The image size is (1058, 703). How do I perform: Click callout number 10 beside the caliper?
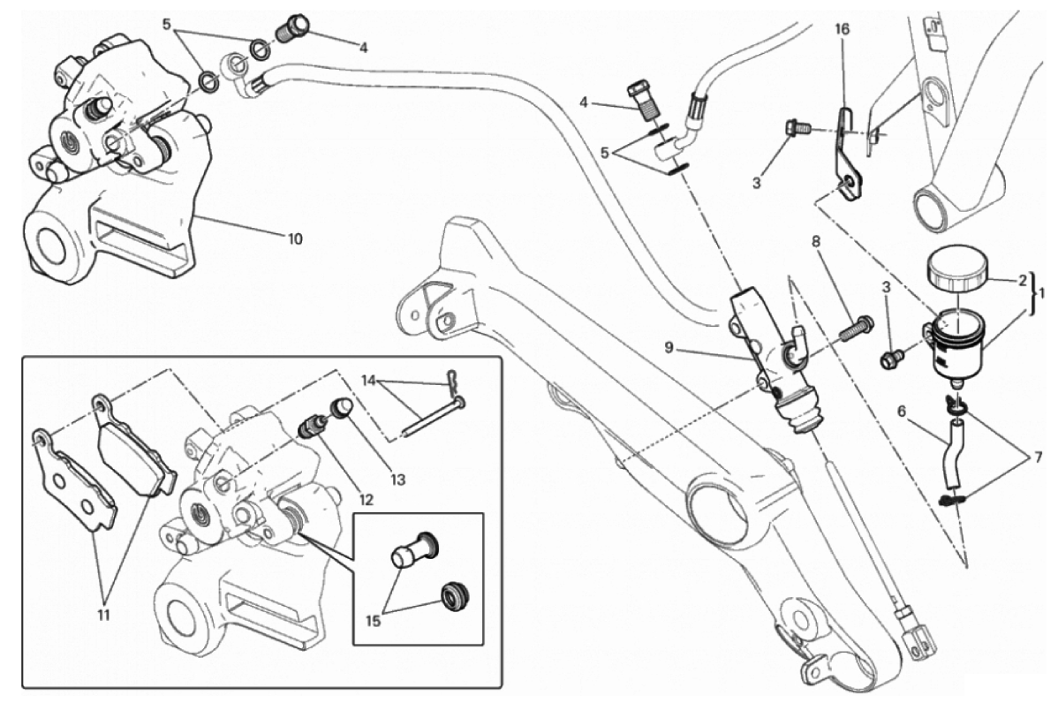294,238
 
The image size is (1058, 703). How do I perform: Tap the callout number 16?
843,29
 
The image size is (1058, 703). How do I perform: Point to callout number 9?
669,348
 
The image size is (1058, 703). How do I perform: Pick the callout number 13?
399,480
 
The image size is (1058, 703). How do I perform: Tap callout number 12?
365,499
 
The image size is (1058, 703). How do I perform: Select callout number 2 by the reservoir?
1023,281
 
